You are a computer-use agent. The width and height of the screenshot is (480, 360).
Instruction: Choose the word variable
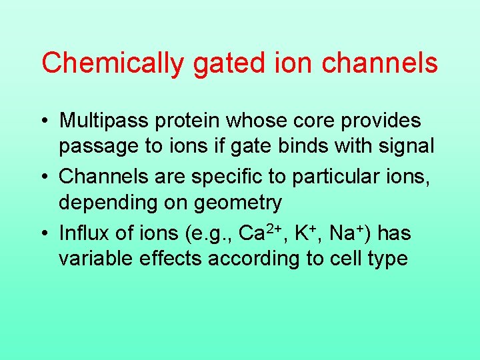coord(96,258)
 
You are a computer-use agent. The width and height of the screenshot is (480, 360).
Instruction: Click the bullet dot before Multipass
coord(45,121)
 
